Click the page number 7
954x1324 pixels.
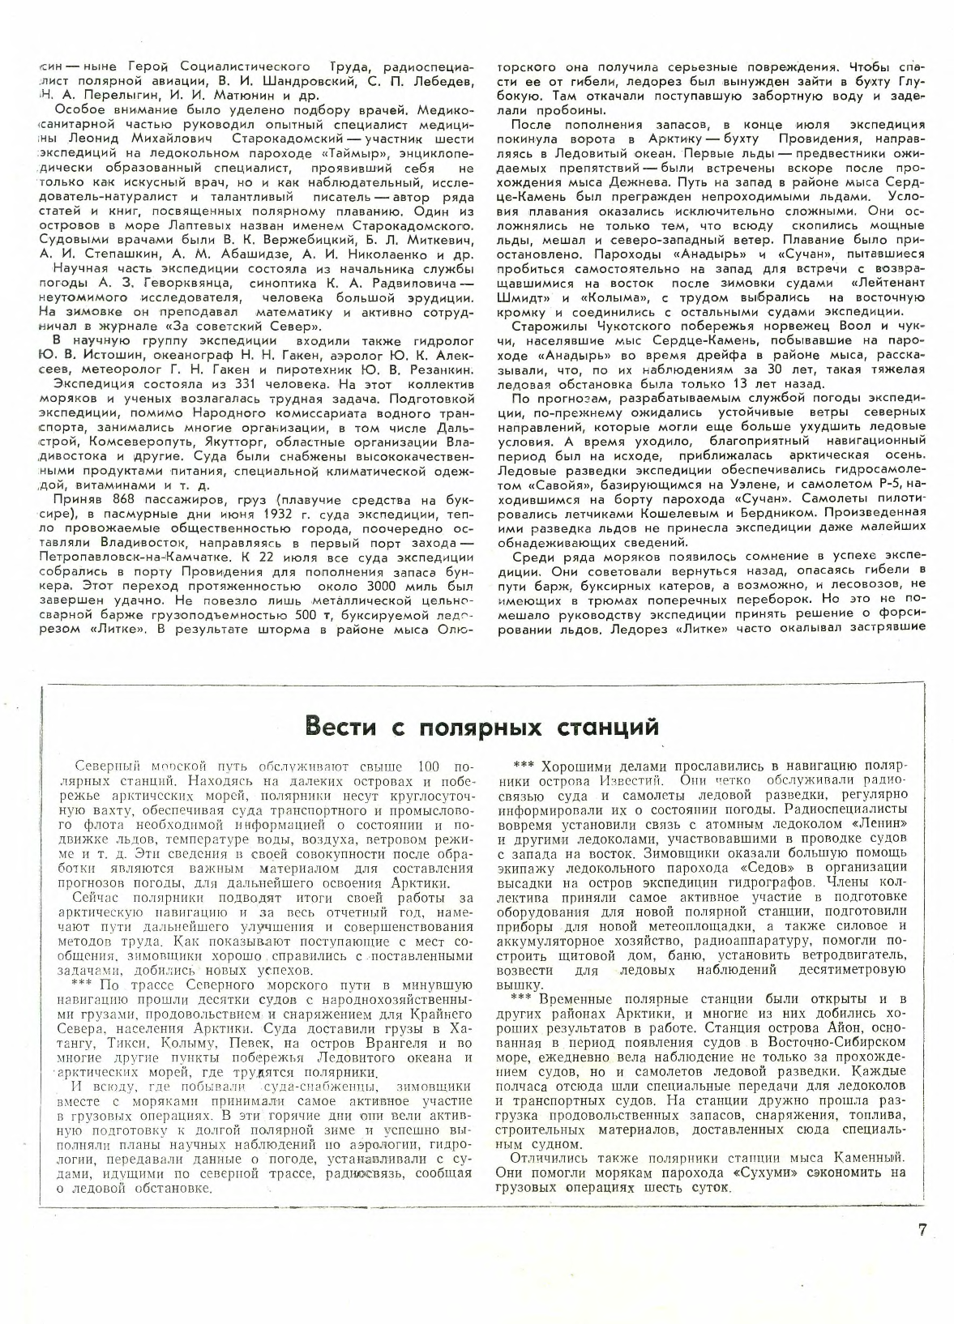tap(922, 1229)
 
